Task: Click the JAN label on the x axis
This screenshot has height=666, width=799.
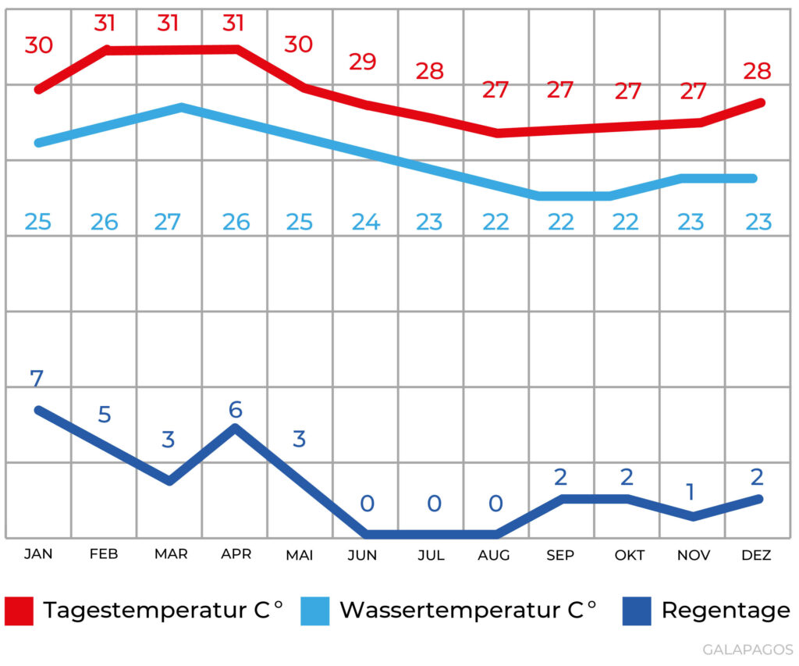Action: click(x=37, y=554)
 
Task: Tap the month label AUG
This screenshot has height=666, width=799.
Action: click(x=494, y=555)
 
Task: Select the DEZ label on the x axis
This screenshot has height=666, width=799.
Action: click(x=756, y=555)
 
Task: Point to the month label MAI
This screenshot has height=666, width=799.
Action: click(x=300, y=555)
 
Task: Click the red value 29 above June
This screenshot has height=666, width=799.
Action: click(x=362, y=62)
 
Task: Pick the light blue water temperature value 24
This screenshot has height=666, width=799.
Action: click(x=365, y=223)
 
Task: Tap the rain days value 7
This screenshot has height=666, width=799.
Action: click(x=37, y=379)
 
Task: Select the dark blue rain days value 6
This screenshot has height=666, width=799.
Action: click(x=235, y=409)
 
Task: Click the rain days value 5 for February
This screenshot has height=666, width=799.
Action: click(x=104, y=415)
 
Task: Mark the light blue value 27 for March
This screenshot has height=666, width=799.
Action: click(x=168, y=223)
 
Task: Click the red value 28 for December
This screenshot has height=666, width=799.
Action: click(x=757, y=72)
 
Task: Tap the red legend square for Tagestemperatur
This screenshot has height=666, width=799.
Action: click(x=19, y=611)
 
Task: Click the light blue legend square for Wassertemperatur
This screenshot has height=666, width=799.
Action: click(x=315, y=611)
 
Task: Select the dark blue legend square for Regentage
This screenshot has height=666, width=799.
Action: click(x=636, y=611)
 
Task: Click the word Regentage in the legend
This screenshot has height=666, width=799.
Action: click(x=726, y=611)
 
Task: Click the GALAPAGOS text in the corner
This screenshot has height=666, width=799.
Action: click(x=748, y=650)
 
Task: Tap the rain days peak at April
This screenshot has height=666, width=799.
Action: click(x=235, y=427)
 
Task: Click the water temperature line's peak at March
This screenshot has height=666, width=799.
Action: click(x=181, y=107)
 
